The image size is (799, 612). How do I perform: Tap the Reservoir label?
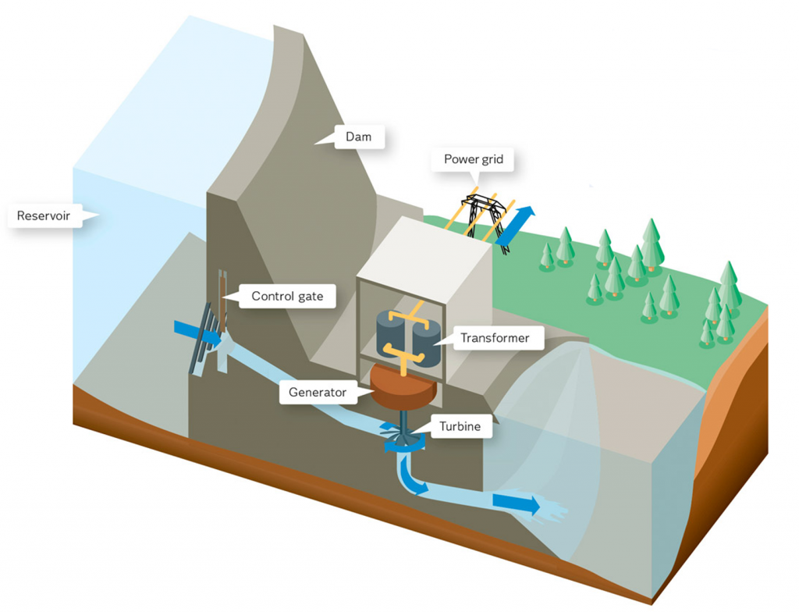49,215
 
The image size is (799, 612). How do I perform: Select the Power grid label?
474,160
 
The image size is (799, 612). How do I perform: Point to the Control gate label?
286,297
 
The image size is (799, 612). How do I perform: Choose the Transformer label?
495,338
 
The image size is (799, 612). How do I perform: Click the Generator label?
318,392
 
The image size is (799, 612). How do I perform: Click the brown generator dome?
403,385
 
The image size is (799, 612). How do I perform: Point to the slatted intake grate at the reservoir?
204,337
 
